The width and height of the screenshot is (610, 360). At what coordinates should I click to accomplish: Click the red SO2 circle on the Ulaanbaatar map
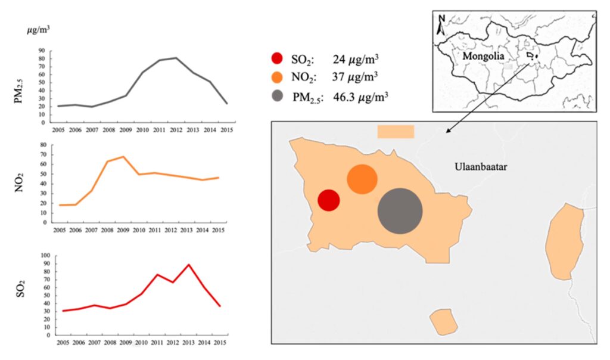click(x=328, y=200)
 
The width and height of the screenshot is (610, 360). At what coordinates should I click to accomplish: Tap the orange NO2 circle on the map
click(x=362, y=179)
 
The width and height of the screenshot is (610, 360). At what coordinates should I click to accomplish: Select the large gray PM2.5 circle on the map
click(x=400, y=211)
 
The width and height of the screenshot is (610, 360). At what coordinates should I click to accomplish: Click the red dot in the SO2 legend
click(x=277, y=58)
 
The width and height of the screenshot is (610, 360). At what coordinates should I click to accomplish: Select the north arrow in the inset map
click(x=440, y=25)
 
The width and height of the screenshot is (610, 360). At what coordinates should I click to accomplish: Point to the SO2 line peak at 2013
click(x=189, y=264)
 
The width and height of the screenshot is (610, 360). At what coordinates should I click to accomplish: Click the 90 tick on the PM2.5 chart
click(x=42, y=51)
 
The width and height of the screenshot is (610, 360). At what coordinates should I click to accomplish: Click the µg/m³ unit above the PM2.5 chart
click(x=38, y=27)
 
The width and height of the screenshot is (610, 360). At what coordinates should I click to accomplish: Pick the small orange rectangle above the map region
click(x=396, y=132)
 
